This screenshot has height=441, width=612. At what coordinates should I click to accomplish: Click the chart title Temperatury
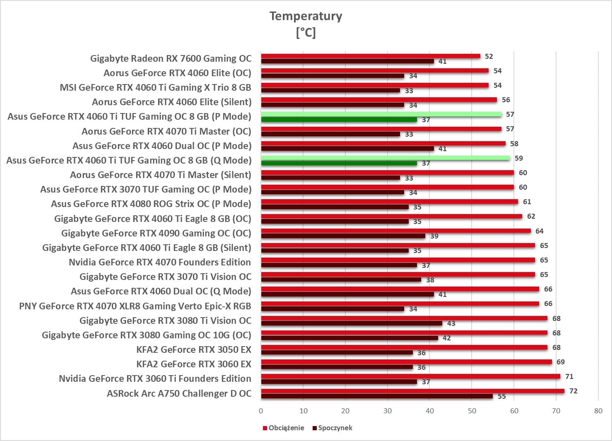point(306,16)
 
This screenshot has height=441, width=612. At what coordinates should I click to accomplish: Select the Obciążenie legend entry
point(286,428)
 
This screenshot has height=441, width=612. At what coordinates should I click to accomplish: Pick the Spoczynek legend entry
point(335,428)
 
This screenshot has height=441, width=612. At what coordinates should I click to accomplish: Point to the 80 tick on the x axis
point(598,411)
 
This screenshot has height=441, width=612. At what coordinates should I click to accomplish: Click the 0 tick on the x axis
point(261,411)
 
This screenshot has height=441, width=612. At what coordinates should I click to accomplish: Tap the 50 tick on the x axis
point(472,411)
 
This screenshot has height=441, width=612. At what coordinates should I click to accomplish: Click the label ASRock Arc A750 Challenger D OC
point(179,393)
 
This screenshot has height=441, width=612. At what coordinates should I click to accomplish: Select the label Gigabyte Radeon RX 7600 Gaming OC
point(171,58)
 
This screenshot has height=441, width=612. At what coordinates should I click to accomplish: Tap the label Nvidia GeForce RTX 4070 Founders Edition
point(159,262)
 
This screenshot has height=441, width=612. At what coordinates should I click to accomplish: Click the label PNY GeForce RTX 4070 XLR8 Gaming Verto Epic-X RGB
point(135,306)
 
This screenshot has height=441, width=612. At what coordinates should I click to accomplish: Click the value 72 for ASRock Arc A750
point(573,391)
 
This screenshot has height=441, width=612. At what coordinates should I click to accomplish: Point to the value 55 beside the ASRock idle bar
point(501,396)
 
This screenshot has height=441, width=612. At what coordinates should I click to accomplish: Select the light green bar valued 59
point(385,158)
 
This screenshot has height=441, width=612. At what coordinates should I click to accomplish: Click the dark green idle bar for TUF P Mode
point(339,120)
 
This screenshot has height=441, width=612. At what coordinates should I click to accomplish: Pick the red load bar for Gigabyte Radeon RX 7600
point(371,56)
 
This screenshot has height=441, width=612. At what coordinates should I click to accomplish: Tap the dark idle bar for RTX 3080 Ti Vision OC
point(352,323)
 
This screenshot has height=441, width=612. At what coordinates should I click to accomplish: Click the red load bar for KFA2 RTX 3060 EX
point(406,362)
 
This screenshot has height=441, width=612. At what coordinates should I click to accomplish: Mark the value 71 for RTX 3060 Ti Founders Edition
point(569,376)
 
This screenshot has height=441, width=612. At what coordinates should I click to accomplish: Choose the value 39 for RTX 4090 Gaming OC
point(434,236)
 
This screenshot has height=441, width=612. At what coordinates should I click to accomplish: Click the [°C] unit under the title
point(306,32)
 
